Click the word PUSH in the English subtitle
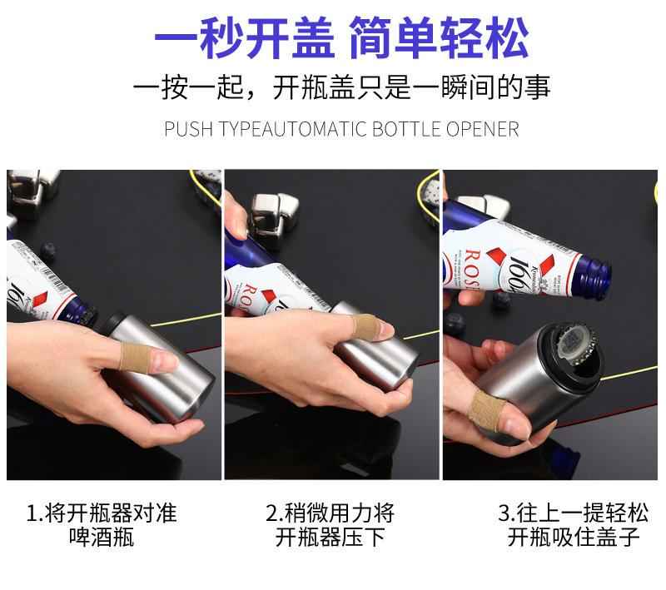click(188, 129)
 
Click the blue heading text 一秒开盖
click(245, 37)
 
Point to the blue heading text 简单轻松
click(440, 37)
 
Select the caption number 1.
click(33, 513)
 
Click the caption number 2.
click(272, 513)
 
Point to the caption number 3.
click(504, 513)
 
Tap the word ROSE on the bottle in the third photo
click(471, 269)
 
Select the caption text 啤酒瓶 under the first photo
click(102, 537)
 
